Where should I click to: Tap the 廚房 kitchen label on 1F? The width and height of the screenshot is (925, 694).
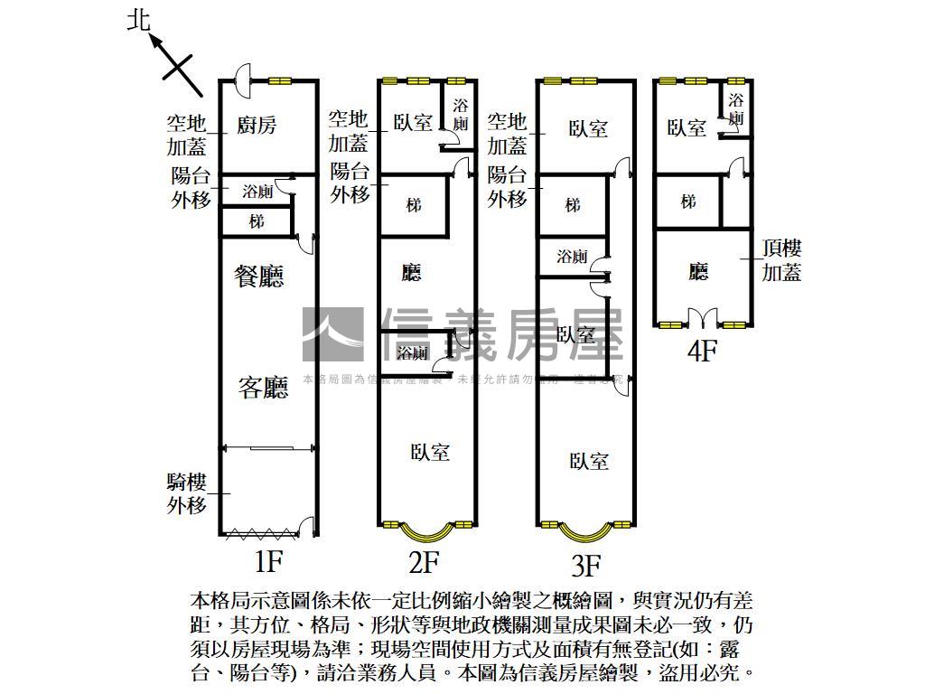(x=257, y=125)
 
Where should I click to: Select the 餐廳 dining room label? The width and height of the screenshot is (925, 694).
(x=259, y=277)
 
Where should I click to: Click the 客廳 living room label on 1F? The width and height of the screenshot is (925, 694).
(x=263, y=389)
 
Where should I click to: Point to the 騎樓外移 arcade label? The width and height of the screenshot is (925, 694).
(x=186, y=493)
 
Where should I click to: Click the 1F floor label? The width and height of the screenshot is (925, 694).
(x=268, y=562)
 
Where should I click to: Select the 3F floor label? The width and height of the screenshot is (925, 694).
(x=585, y=566)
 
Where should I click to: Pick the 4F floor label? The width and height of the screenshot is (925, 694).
(x=701, y=351)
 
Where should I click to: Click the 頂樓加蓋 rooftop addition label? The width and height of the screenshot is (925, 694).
(x=781, y=259)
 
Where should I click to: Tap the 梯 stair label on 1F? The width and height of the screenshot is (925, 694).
(x=257, y=220)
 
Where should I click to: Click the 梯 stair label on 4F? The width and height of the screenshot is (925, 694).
(x=688, y=202)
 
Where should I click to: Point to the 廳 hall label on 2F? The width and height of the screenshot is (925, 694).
(x=411, y=272)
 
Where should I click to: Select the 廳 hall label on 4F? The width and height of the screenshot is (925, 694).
(x=697, y=271)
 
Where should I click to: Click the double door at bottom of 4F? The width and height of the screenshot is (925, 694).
(x=702, y=318)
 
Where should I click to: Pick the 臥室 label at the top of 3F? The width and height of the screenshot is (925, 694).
(x=588, y=128)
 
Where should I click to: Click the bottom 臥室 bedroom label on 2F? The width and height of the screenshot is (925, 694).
(x=429, y=452)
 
